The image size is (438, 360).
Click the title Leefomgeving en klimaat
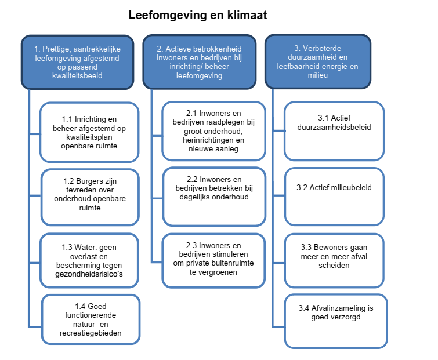pos(198,16)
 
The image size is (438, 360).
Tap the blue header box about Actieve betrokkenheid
pos(200,63)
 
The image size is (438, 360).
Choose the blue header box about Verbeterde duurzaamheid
pos(317,63)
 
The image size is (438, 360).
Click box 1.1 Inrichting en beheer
pos(89,132)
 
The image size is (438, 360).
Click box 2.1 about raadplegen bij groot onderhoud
pos(213,131)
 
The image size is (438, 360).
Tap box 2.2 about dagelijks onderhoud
pos(213,192)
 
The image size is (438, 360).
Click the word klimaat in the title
pos(245,16)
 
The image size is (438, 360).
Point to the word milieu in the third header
pos(317,75)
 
